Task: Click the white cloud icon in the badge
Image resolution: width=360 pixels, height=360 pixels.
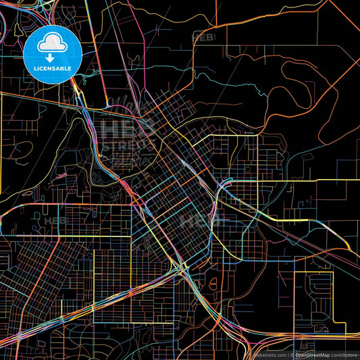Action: [51, 44]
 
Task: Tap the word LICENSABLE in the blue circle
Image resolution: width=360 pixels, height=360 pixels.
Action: [51, 68]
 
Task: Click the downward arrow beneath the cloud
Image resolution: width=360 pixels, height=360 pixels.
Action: [51, 56]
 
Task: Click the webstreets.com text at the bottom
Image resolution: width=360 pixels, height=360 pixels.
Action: [269, 355]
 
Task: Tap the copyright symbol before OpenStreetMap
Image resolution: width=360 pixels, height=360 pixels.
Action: [291, 355]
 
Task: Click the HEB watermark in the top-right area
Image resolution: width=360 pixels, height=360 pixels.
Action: [204, 38]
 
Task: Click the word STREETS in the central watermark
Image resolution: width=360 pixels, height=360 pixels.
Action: [128, 145]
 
